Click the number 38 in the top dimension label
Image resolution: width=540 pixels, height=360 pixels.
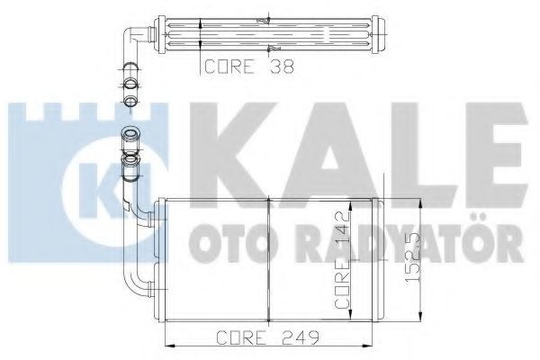(x=282, y=67)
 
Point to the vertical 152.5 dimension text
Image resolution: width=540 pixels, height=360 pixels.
(x=412, y=257)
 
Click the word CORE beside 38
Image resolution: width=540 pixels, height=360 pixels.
(x=229, y=67)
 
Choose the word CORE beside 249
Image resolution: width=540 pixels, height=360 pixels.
(x=241, y=337)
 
